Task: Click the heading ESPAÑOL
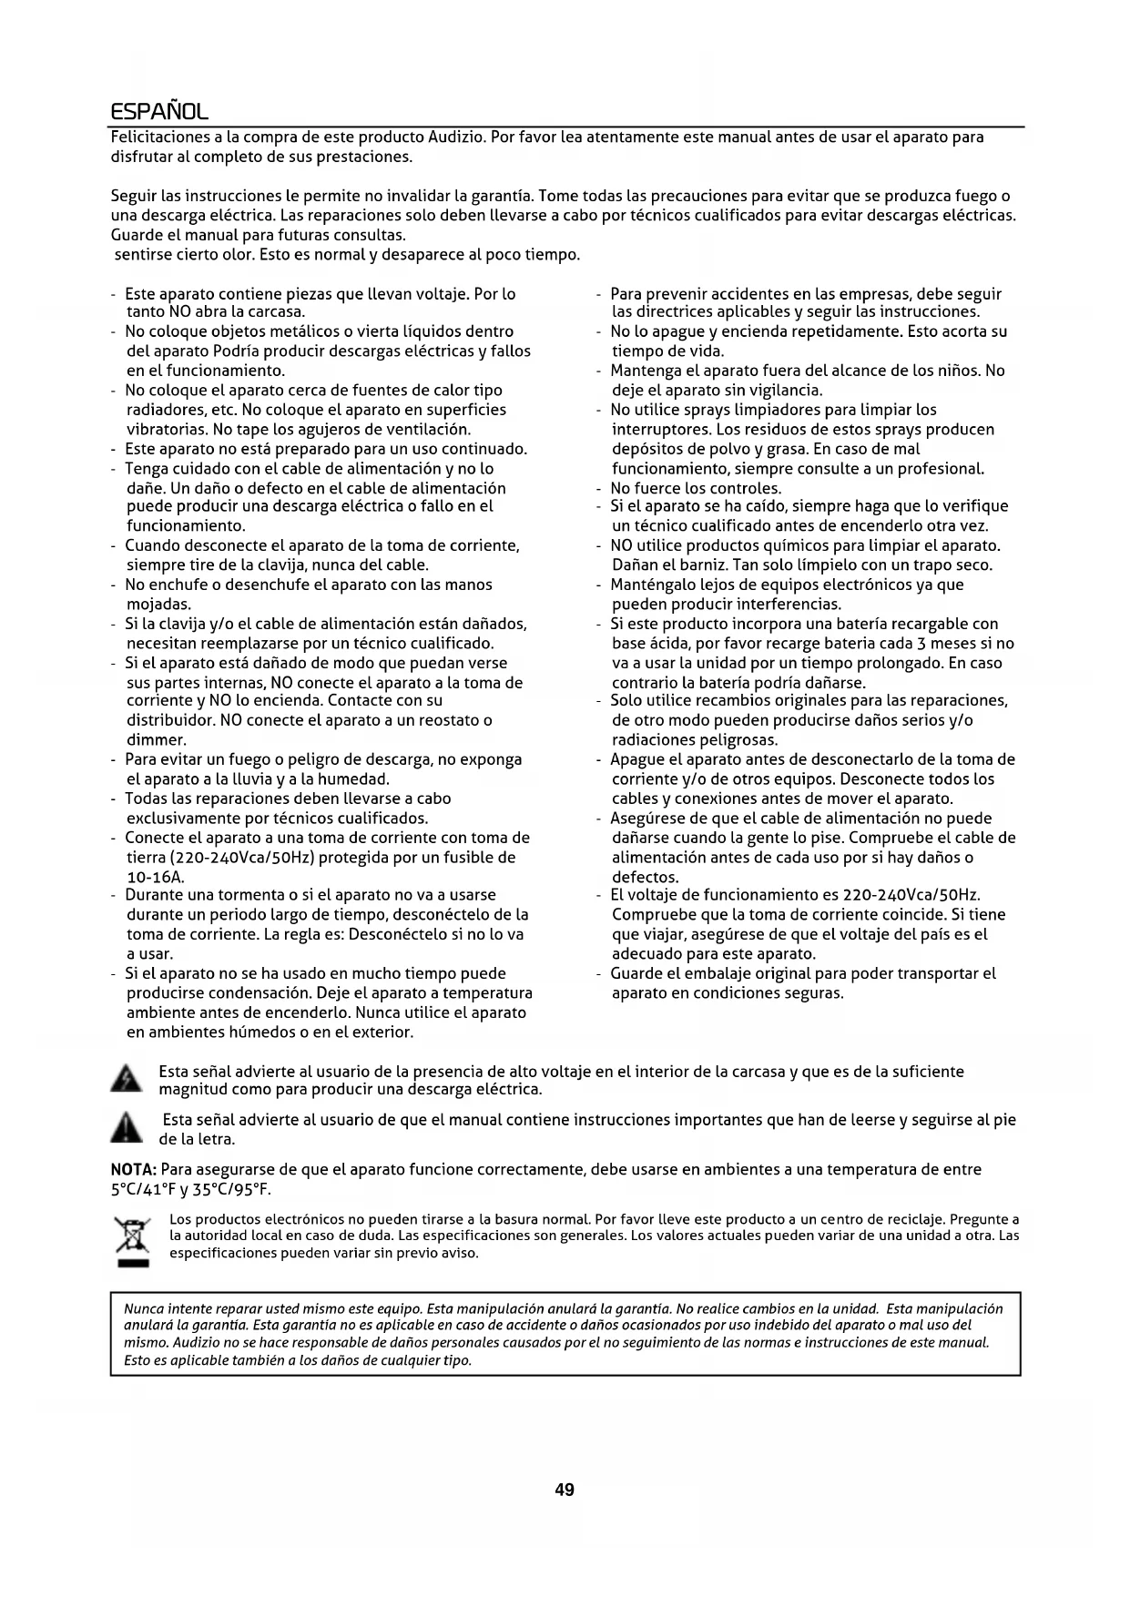[x=159, y=112]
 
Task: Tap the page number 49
[x=565, y=1490]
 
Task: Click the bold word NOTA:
[x=134, y=1169]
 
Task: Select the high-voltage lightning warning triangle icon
[x=126, y=1080]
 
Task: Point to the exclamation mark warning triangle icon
[x=126, y=1128]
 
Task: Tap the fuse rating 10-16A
[x=156, y=877]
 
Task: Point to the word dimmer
[x=156, y=740]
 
